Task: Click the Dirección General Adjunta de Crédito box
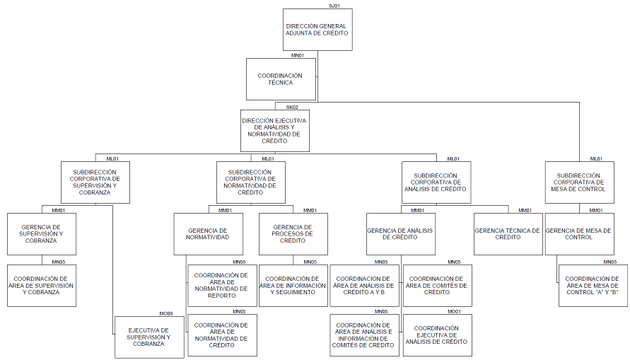(317, 30)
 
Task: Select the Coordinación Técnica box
(280, 79)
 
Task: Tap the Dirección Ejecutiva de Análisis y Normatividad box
(274, 131)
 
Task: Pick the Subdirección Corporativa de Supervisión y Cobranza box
(95, 182)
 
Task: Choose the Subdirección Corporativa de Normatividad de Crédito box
(250, 182)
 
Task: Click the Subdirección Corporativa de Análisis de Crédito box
(436, 182)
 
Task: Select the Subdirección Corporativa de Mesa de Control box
(579, 182)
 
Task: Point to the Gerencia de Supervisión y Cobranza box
(42, 234)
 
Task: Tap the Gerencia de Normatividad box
(209, 234)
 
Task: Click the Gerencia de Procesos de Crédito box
(293, 234)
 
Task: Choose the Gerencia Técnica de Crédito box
(507, 234)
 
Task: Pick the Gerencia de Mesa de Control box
(579, 234)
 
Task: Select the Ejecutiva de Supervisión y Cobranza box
(148, 337)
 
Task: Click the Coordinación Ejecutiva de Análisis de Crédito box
(437, 335)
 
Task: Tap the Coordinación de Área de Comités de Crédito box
(437, 286)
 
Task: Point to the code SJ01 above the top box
(334, 6)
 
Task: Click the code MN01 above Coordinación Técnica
(298, 55)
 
